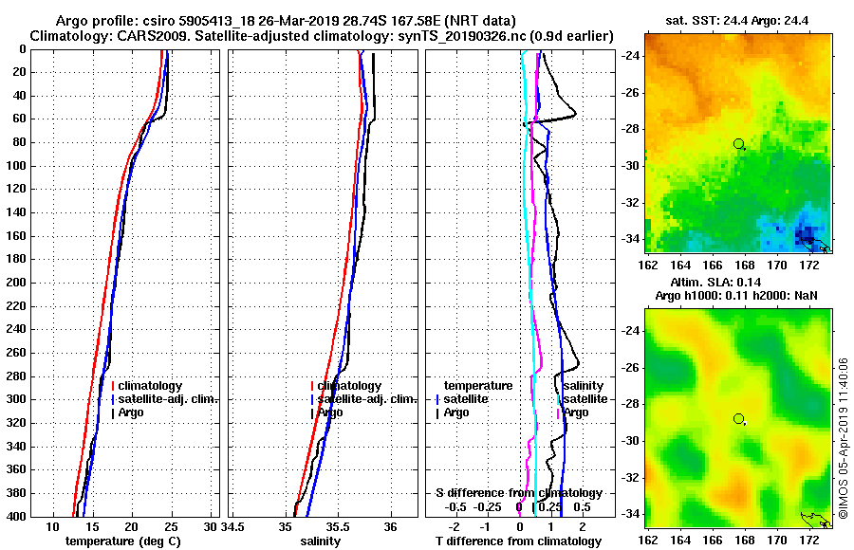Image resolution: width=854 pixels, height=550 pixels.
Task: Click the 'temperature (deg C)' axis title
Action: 122,541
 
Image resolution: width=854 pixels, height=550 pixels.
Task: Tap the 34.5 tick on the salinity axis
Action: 235,527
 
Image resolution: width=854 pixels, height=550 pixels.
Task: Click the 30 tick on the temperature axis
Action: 211,527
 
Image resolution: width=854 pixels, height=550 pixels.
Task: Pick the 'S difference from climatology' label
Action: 518,493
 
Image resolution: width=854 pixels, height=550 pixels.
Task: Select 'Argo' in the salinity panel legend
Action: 330,412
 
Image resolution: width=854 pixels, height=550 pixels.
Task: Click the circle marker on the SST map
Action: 738,143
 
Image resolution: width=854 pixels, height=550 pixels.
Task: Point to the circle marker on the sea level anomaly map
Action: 738,418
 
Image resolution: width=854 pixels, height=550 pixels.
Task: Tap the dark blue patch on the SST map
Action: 805,230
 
